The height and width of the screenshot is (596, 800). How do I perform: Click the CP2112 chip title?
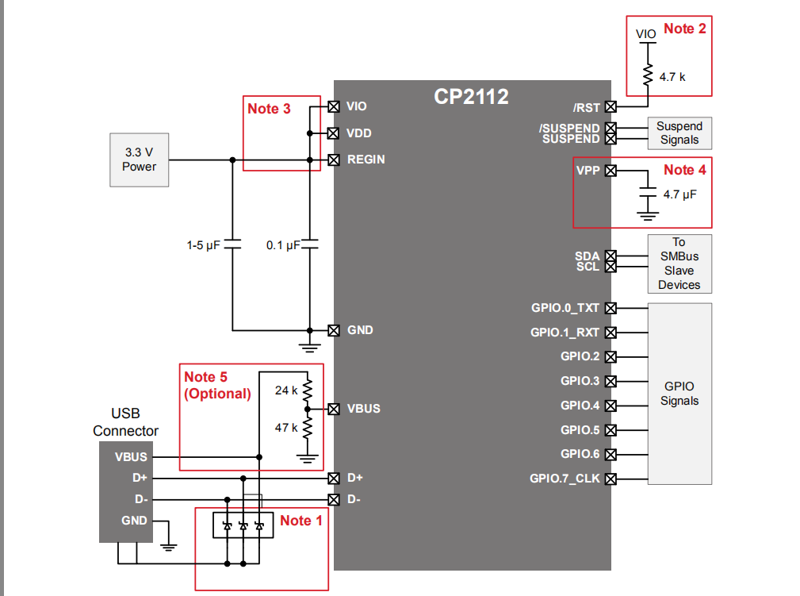click(x=471, y=97)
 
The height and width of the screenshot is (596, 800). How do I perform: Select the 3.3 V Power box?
click(x=139, y=160)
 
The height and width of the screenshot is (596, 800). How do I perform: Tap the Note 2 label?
click(x=684, y=29)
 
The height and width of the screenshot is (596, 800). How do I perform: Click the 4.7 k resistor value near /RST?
click(x=672, y=77)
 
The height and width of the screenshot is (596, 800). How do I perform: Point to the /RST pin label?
click(x=587, y=107)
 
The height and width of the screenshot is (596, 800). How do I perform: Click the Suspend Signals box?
click(x=679, y=133)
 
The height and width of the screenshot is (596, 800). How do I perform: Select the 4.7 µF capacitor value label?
click(x=679, y=194)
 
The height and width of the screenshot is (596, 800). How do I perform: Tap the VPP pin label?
click(x=588, y=171)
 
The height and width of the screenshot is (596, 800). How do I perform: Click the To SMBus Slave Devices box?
click(x=679, y=263)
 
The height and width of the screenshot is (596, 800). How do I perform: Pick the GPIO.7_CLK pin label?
click(x=565, y=479)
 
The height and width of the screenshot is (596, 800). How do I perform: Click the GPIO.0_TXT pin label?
click(x=565, y=308)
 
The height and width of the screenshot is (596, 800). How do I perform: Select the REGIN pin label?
click(x=366, y=160)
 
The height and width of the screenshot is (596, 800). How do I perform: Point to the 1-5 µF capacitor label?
click(x=203, y=246)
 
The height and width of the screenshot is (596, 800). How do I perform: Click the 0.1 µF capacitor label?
click(x=283, y=246)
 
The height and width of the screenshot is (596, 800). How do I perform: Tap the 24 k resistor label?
click(x=286, y=390)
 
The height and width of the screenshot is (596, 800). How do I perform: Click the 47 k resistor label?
click(x=286, y=427)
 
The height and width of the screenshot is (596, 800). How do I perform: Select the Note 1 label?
click(x=301, y=521)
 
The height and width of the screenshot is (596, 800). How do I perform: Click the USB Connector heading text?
click(x=125, y=423)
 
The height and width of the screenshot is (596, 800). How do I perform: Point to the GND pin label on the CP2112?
click(x=360, y=330)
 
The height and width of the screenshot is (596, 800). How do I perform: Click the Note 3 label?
click(x=269, y=109)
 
